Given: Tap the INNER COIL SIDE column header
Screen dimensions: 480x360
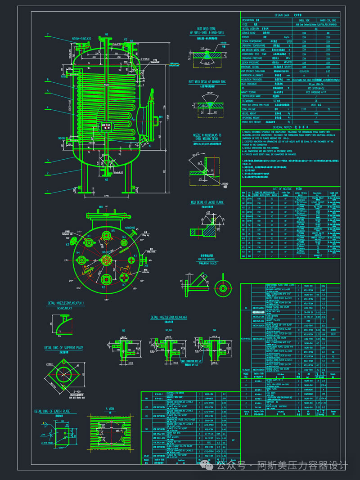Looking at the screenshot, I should (x=328, y=20).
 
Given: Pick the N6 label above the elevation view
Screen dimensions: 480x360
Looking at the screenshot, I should (x=107, y=34).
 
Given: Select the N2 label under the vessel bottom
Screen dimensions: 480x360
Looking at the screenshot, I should (x=107, y=180).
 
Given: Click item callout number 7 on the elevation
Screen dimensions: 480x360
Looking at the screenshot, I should (x=47, y=35).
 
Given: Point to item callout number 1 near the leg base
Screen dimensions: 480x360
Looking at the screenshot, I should (x=47, y=191).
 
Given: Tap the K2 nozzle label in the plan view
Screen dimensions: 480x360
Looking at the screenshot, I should (x=103, y=287).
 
